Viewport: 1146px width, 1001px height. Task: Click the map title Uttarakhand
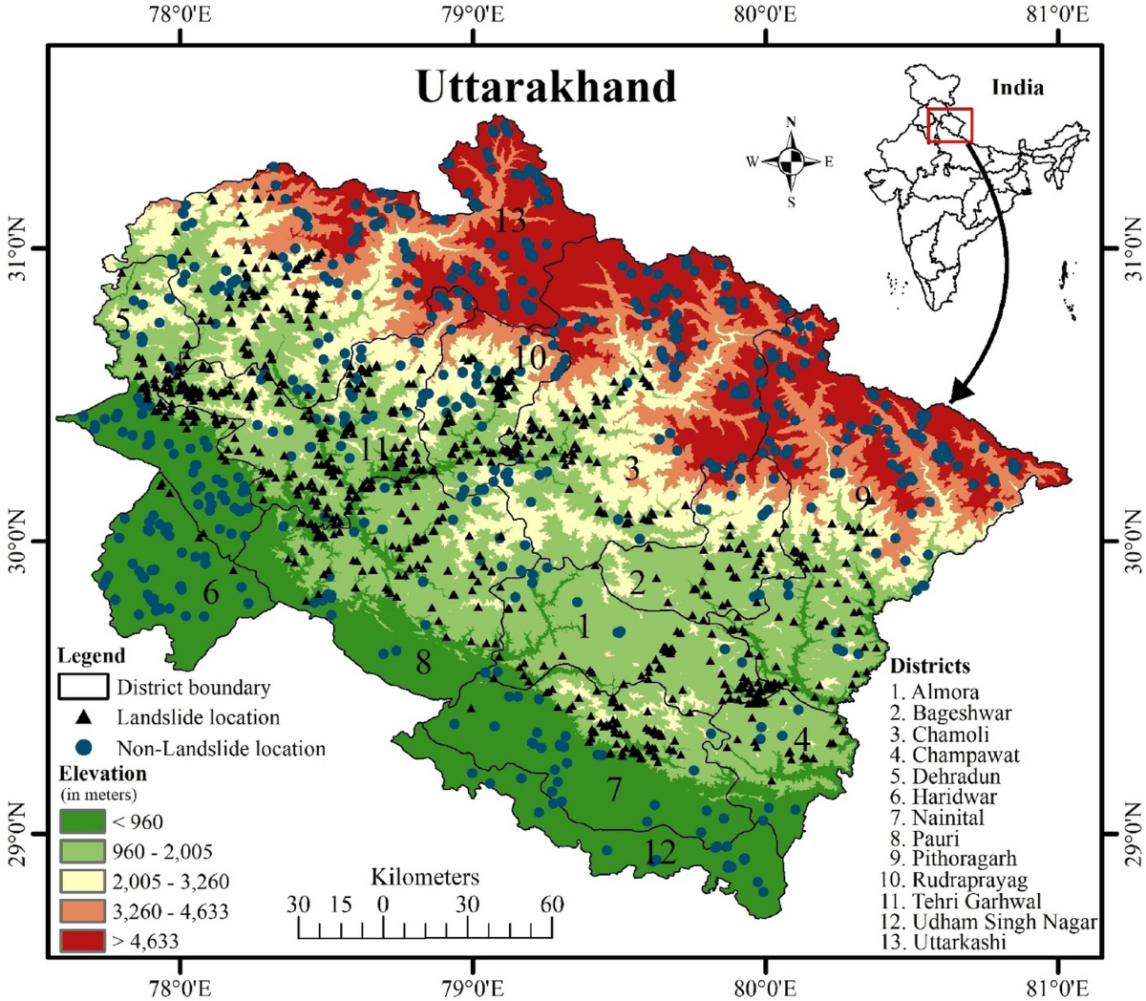click(545, 87)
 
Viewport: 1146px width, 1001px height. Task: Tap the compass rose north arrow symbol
click(791, 161)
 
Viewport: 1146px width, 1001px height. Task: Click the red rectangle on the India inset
click(949, 126)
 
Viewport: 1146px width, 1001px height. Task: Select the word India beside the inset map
click(1017, 88)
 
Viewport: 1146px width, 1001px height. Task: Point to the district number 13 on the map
click(510, 221)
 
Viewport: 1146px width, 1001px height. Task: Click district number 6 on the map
click(210, 592)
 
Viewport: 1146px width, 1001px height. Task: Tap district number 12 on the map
click(660, 849)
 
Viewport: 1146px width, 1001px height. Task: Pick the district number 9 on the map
click(863, 498)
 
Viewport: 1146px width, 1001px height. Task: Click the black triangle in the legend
click(84, 716)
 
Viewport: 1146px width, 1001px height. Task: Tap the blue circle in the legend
click(84, 747)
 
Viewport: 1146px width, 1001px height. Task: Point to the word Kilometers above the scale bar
click(425, 877)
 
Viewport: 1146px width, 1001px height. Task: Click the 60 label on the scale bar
click(551, 904)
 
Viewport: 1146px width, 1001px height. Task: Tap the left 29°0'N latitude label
click(15, 833)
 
